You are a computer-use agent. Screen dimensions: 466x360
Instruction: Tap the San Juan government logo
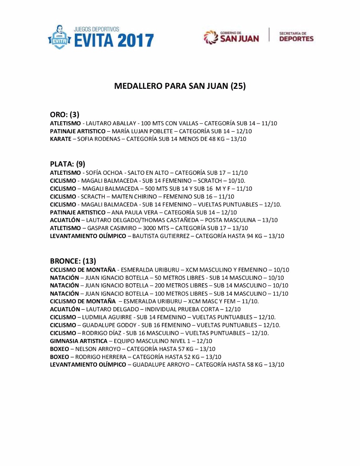click(232, 37)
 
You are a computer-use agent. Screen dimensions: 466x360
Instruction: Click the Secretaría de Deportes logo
click(296, 37)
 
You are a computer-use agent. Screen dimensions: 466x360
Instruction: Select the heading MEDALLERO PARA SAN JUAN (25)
click(180, 86)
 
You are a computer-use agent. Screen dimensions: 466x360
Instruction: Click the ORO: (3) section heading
click(64, 115)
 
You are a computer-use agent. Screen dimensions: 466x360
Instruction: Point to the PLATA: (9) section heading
click(67, 164)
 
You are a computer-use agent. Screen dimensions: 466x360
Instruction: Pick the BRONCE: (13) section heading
click(73, 261)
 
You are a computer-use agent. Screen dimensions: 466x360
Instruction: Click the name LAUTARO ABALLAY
click(111, 123)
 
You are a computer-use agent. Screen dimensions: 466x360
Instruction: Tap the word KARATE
click(60, 139)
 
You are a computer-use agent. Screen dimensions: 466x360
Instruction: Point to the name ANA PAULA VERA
click(135, 212)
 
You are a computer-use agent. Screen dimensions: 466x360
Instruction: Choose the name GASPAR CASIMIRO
click(110, 228)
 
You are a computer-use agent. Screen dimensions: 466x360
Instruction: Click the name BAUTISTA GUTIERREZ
click(161, 236)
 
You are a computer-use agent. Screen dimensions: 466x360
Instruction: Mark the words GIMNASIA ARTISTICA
click(79, 341)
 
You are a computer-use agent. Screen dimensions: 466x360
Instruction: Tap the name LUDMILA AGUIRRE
click(104, 317)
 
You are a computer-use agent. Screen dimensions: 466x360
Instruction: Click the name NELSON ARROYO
click(98, 349)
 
